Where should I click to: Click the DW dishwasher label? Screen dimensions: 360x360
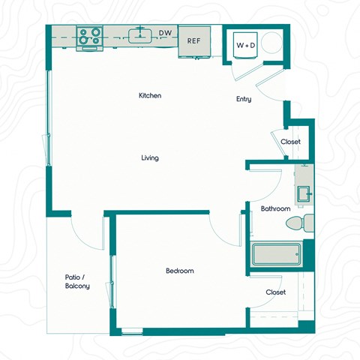(165, 33)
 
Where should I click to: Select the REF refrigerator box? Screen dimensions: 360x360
(193, 42)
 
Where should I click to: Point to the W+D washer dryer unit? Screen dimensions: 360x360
(246, 45)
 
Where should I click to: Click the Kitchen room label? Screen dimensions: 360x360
(150, 96)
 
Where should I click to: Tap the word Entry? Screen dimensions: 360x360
(244, 99)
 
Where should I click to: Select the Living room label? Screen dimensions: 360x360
(150, 158)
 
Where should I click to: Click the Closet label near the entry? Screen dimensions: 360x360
(290, 142)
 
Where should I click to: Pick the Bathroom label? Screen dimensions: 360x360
(275, 208)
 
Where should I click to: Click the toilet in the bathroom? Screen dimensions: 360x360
(300, 223)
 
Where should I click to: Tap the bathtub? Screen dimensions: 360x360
(276, 255)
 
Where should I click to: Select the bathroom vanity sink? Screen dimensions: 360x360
(304, 194)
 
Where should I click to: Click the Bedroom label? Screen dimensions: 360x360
(180, 271)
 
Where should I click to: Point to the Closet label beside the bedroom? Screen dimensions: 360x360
(275, 292)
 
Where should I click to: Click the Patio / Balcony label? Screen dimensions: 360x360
(77, 281)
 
